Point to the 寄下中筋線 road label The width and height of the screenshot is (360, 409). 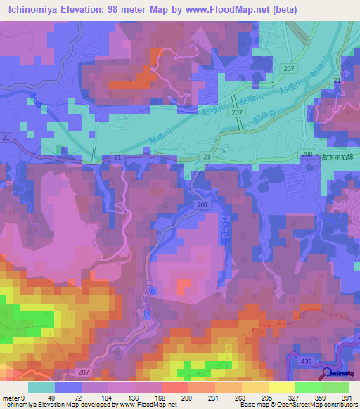point(335,157)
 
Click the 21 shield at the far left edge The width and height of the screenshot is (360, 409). point(6,137)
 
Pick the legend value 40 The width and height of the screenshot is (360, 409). point(52,398)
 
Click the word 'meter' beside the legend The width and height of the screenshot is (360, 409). point(11,398)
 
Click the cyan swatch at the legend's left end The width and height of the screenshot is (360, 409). point(41,387)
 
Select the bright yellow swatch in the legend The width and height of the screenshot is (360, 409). point(281,387)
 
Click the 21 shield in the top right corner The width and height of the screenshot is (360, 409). point(337,82)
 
